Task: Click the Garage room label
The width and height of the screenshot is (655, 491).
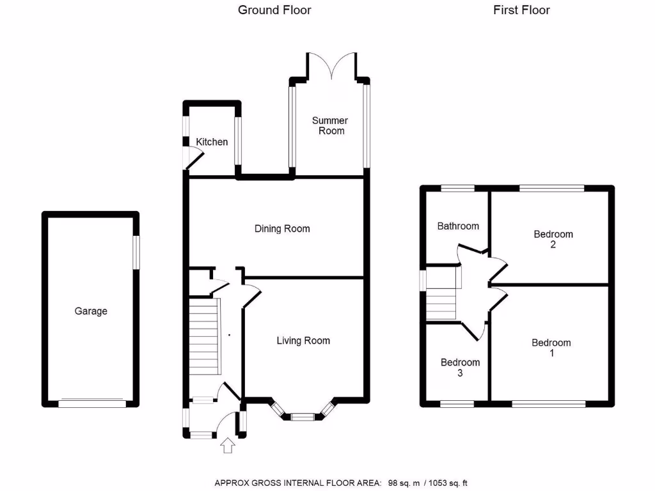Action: pyautogui.click(x=91, y=311)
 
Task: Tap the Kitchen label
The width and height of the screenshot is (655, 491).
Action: pyautogui.click(x=212, y=141)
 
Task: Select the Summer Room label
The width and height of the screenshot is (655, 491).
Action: pyautogui.click(x=330, y=125)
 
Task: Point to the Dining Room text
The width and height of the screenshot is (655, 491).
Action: pyautogui.click(x=282, y=228)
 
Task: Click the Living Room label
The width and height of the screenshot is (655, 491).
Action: pyautogui.click(x=303, y=340)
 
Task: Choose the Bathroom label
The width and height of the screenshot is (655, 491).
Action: pyautogui.click(x=458, y=226)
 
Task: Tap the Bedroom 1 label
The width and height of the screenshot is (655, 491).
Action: pyautogui.click(x=551, y=348)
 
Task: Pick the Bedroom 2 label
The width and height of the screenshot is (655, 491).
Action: pyautogui.click(x=553, y=239)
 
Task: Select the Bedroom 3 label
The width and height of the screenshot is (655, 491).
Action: pyautogui.click(x=460, y=368)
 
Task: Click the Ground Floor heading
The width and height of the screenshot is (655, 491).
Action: pyautogui.click(x=274, y=10)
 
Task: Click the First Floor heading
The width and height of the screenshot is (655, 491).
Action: pyautogui.click(x=521, y=10)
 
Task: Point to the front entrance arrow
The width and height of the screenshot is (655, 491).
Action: pyautogui.click(x=228, y=445)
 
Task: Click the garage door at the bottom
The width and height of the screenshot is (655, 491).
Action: pyautogui.click(x=92, y=403)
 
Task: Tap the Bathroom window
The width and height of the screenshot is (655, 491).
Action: pyautogui.click(x=457, y=188)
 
